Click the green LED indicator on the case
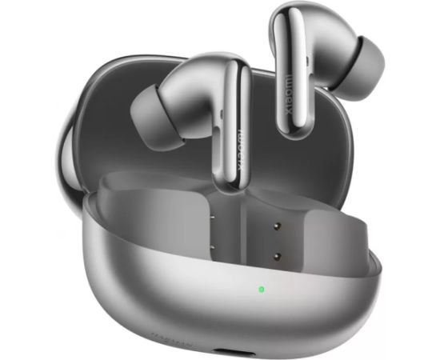tap(261, 289)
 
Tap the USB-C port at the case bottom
tap(265, 350)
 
